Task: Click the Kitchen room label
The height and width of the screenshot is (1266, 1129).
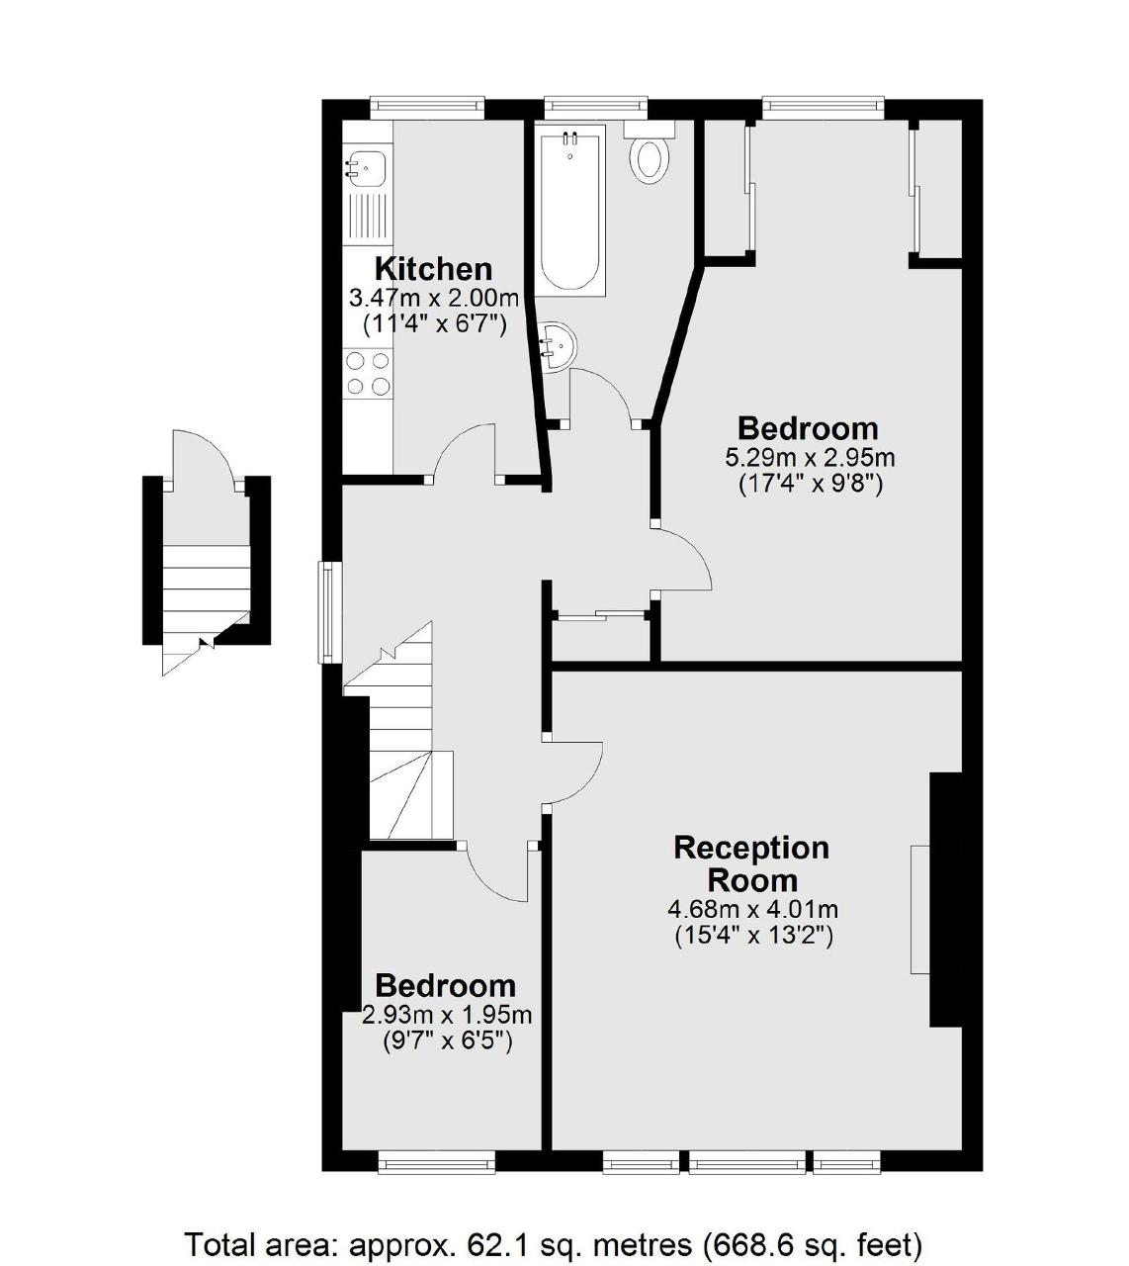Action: (x=434, y=269)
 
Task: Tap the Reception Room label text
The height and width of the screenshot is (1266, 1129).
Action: (x=751, y=864)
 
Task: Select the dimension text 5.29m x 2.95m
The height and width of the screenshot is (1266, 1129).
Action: (x=810, y=458)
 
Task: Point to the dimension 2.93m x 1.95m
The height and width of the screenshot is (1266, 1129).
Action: (x=448, y=1014)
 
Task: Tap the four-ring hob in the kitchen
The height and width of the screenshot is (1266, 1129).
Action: (x=368, y=374)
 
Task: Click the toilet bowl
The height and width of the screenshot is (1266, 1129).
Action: (x=650, y=160)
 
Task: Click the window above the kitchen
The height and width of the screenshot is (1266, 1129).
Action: (x=427, y=107)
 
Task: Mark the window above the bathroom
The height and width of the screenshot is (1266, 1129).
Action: (x=595, y=107)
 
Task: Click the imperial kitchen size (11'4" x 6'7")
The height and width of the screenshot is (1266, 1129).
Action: (x=434, y=324)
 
